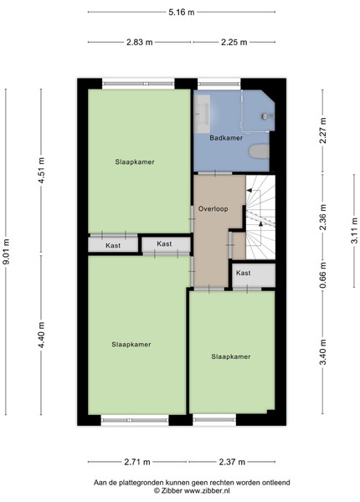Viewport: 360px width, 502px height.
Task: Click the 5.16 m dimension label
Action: point(182,13)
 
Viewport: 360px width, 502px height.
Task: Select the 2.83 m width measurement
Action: point(139,42)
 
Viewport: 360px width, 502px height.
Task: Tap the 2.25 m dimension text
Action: point(234,42)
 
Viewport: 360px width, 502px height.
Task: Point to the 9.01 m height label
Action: point(6,252)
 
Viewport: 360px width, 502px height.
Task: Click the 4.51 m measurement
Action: point(41,171)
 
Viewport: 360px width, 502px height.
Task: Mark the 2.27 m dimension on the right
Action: point(323,131)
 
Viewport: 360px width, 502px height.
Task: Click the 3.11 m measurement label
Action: point(354,231)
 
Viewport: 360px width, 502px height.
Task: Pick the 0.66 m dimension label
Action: point(323,275)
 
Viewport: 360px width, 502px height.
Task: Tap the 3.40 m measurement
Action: point(323,352)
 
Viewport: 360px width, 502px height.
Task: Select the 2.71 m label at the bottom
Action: point(137,462)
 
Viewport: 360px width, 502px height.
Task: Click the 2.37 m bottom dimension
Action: point(232,462)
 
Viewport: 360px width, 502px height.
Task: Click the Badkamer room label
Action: point(226,138)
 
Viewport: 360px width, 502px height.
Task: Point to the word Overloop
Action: point(213,209)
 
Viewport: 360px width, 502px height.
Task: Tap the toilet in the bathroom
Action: point(259,151)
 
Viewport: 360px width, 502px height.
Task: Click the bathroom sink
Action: point(202,114)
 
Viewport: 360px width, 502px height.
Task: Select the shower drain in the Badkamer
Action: point(265,116)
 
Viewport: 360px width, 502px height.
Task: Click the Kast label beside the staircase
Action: point(243,273)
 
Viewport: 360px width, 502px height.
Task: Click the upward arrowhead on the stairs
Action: point(260,223)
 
